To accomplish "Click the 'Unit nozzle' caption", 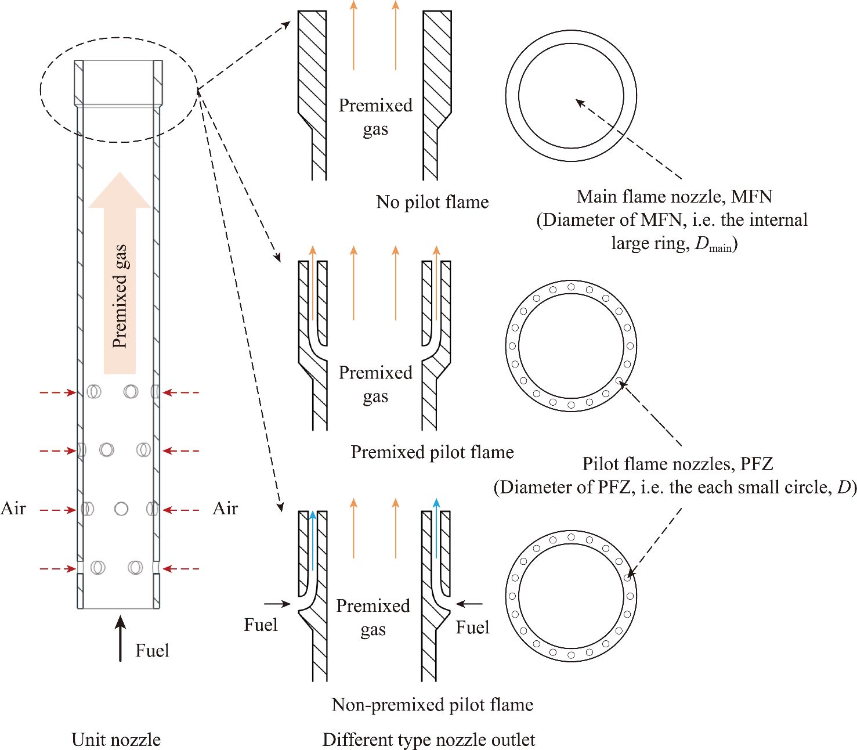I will (116, 740).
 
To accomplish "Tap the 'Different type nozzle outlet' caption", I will (429, 740).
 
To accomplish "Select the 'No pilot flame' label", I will (432, 202).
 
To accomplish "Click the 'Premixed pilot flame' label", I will (432, 452).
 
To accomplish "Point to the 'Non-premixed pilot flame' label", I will (432, 705).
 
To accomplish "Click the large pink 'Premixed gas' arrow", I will (120, 273).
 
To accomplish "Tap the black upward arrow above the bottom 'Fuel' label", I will (120, 639).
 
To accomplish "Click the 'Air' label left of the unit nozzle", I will (13, 509).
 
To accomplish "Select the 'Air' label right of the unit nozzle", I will (225, 509).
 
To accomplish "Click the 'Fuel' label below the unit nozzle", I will (152, 650).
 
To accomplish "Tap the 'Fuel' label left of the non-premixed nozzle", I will (261, 625).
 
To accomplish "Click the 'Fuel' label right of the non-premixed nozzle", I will (472, 628).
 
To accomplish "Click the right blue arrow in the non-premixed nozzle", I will (436, 528).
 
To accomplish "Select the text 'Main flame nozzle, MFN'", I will (674, 196).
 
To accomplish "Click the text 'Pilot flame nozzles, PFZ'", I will (678, 464).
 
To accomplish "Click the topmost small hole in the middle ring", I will (572, 287).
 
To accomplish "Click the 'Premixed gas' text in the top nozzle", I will (375, 117).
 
